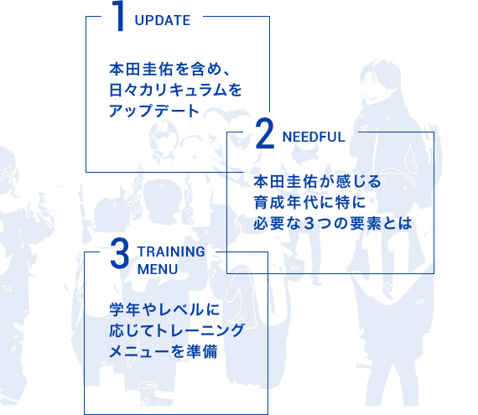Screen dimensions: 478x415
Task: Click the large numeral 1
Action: [119, 16]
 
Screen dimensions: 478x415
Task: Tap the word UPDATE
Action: [163, 21]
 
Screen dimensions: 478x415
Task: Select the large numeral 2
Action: [265, 134]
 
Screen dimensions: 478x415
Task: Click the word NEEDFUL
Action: [314, 137]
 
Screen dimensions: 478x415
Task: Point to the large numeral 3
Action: [119, 253]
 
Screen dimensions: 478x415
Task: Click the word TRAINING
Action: [171, 252]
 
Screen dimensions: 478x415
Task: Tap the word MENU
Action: [158, 270]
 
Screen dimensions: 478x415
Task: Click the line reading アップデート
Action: [154, 111]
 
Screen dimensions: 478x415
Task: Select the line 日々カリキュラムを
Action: [176, 91]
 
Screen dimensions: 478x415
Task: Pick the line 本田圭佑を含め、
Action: [169, 69]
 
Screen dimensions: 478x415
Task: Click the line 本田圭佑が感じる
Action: [317, 182]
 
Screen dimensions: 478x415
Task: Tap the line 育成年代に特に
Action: [309, 203]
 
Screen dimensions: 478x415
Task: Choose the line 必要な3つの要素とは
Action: [333, 223]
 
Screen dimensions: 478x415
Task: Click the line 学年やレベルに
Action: [164, 310]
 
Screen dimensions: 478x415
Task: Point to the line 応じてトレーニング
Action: [177, 331]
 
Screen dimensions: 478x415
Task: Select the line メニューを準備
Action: [164, 351]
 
